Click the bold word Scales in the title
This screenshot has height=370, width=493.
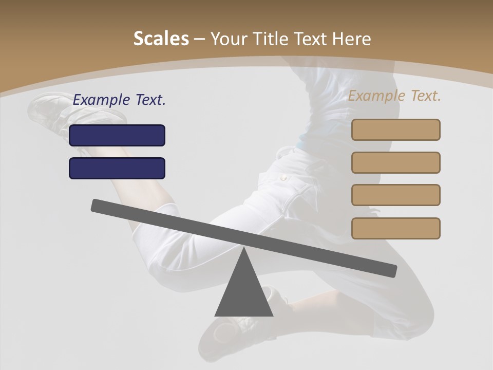[161, 39]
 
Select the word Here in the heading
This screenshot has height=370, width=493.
[352, 39]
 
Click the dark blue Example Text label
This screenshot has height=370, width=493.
[119, 100]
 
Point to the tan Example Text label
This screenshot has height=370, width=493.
[394, 96]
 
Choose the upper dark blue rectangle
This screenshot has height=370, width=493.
[117, 135]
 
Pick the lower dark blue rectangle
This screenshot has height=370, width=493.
[117, 168]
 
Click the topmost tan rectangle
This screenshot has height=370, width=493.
[395, 129]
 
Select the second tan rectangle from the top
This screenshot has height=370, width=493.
[395, 162]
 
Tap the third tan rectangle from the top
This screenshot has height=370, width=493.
[395, 195]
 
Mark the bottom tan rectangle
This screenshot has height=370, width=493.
[395, 228]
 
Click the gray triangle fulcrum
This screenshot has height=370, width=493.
[244, 293]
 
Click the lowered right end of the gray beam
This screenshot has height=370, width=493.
[391, 270]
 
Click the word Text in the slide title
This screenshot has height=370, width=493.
[311, 39]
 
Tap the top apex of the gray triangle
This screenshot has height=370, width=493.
[244, 249]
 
